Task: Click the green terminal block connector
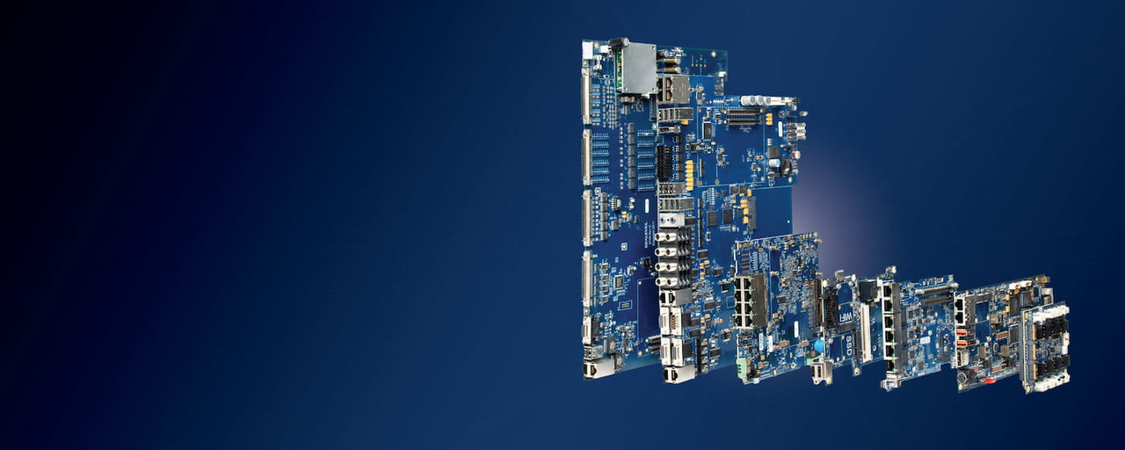745,369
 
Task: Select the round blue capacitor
819,346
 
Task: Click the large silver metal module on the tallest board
637,69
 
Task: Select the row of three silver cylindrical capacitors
755,100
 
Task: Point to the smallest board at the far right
1046,347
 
